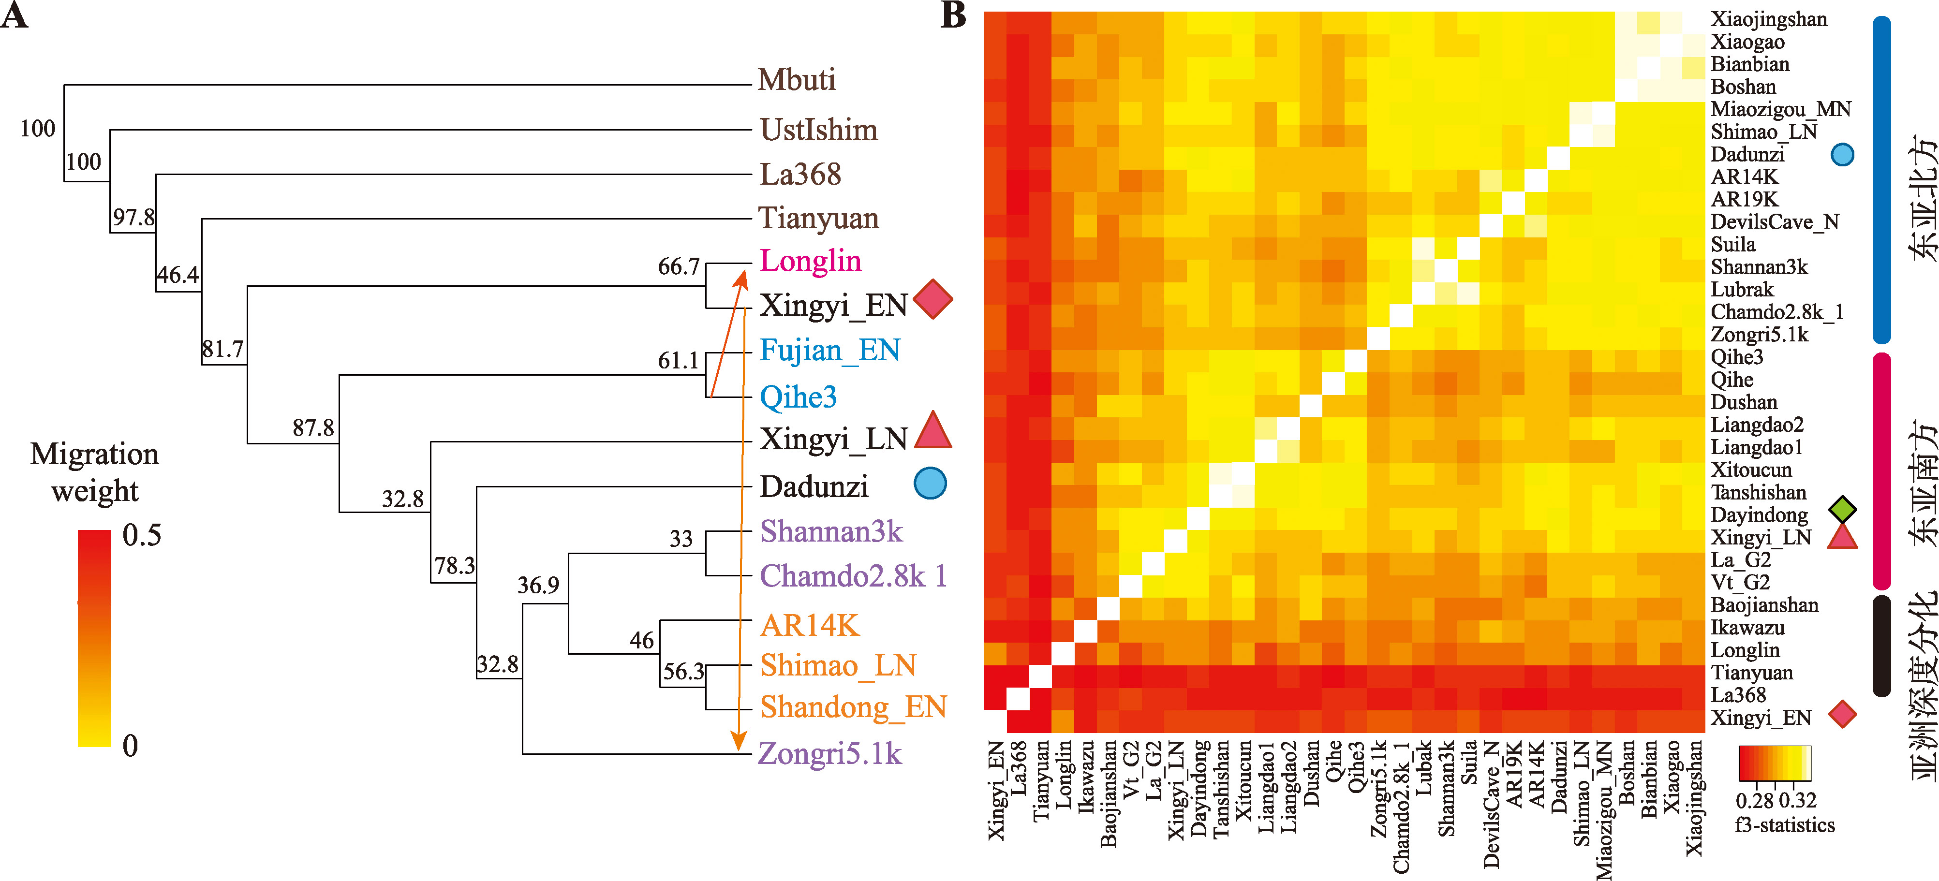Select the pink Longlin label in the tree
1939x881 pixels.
click(810, 261)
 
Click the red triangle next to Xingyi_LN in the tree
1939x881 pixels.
click(933, 432)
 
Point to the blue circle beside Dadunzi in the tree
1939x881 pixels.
click(930, 484)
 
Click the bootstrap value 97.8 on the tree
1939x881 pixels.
click(133, 218)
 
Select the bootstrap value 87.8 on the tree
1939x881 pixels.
click(313, 428)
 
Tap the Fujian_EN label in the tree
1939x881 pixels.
click(829, 351)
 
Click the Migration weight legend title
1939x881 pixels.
click(95, 472)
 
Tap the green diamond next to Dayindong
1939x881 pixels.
click(1843, 509)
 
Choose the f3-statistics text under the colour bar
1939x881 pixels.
click(1785, 825)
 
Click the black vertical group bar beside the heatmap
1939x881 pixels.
click(1881, 646)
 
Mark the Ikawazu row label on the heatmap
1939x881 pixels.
click(1747, 628)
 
